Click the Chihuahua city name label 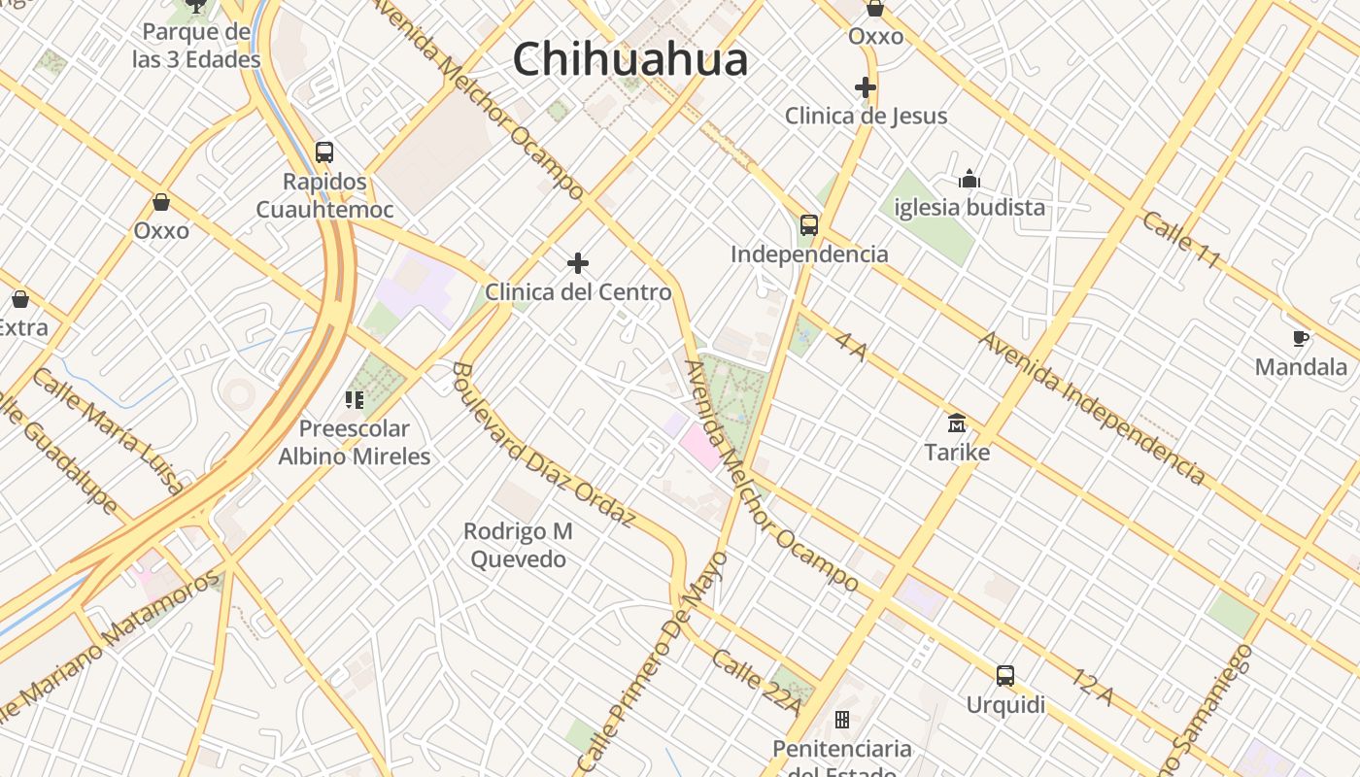(x=630, y=59)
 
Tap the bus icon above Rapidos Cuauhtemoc (x=324, y=152)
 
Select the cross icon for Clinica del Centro (x=578, y=263)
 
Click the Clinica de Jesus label (x=866, y=116)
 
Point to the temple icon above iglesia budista (x=969, y=179)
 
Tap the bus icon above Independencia (x=808, y=225)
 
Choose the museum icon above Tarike (x=957, y=423)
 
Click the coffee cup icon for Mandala (x=1301, y=338)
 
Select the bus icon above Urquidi (x=1005, y=676)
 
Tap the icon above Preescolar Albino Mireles (x=354, y=399)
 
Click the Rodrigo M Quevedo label (x=518, y=545)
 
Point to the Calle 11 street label (x=1181, y=240)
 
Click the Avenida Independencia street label (x=1093, y=407)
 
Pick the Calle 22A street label (x=757, y=682)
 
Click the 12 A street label (x=1093, y=686)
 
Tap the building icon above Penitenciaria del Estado (x=842, y=720)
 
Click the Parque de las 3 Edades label (x=196, y=46)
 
